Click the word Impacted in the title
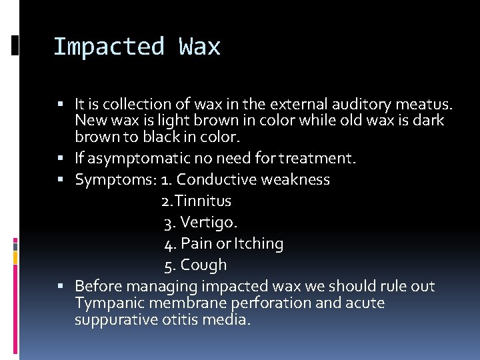click(x=108, y=47)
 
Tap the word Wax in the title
click(x=199, y=47)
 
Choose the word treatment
click(x=317, y=159)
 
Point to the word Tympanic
click(x=106, y=303)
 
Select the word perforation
click(x=267, y=303)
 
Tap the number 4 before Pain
click(x=169, y=244)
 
